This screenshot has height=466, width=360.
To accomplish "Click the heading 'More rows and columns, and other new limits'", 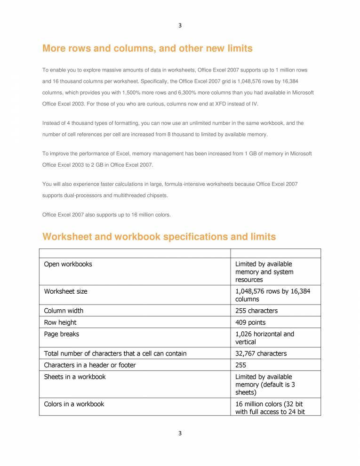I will [147, 48].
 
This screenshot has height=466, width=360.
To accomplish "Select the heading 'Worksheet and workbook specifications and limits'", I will [159, 237].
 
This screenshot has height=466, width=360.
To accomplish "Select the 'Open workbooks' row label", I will [68, 264].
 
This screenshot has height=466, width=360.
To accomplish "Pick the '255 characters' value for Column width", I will [256, 311].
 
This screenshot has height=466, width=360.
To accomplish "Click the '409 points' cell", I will [250, 322].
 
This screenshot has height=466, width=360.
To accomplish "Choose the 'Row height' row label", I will [60, 322].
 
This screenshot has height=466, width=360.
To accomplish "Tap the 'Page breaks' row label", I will [62, 334].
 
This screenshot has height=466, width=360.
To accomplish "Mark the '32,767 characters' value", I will [261, 354].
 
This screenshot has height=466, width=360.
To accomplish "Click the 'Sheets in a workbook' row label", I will [75, 377].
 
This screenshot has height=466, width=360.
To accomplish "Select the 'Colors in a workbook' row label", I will [74, 404].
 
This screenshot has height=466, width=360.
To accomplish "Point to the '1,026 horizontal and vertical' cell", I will [264, 338].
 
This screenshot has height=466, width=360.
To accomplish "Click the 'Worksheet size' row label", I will [65, 291].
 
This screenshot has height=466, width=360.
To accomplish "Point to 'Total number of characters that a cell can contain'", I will [115, 354].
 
